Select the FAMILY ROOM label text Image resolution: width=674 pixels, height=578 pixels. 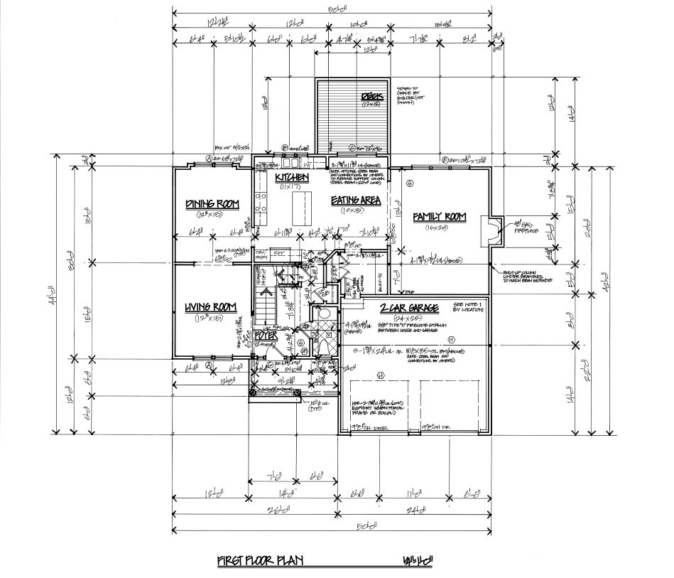point(440,216)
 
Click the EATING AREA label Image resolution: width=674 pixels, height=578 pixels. point(356,200)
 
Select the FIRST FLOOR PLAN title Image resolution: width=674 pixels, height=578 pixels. point(260,561)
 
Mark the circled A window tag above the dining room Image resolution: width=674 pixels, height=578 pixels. point(209,159)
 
